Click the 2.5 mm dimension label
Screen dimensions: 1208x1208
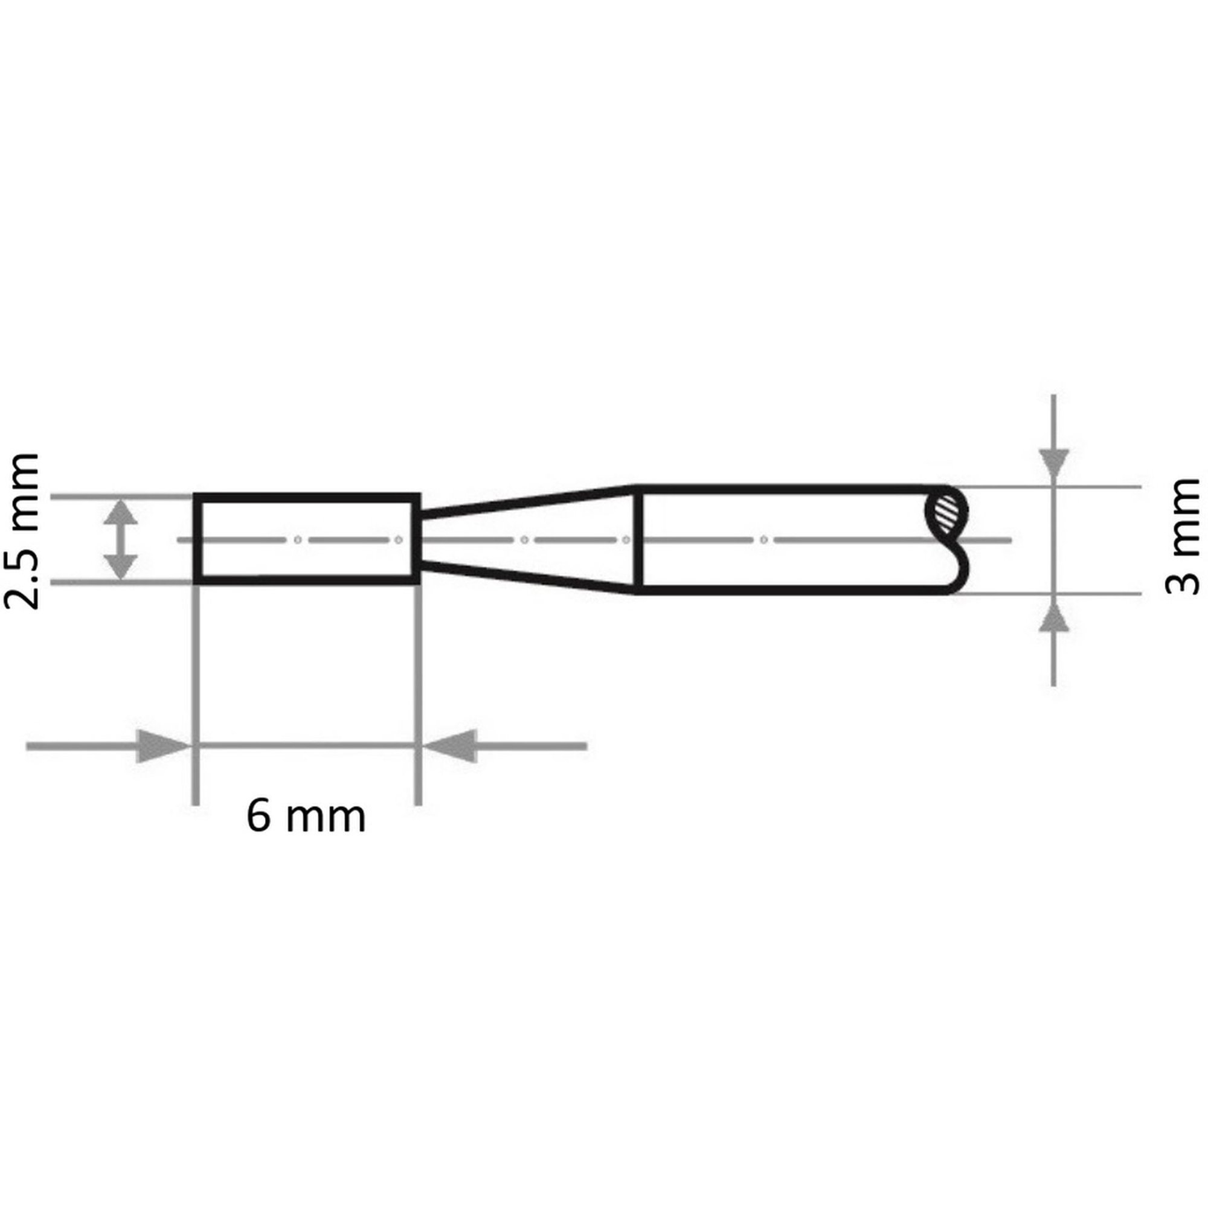22,530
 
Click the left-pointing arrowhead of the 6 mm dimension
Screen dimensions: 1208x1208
449,746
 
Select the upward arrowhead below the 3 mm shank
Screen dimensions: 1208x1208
1054,611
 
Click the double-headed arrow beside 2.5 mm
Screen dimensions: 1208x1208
120,539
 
